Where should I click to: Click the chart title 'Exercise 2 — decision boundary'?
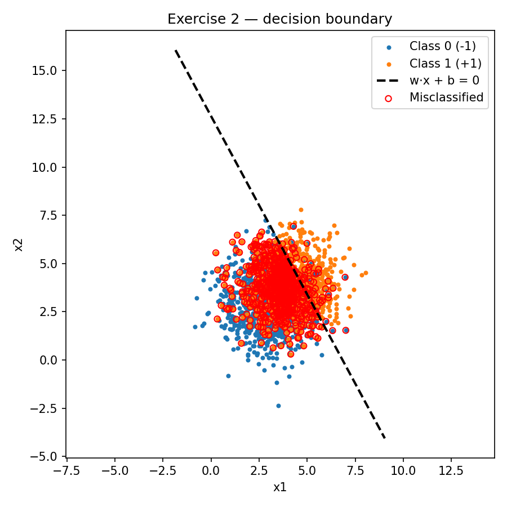(x=279, y=19)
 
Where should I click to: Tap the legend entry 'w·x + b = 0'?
(x=444, y=80)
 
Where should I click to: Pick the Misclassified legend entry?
(x=446, y=97)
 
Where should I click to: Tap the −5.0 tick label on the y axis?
(x=50, y=456)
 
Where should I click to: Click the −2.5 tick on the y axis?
(x=50, y=408)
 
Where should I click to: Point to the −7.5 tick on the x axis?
(x=66, y=470)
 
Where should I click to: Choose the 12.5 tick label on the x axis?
(x=451, y=470)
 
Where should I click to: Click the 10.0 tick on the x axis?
(x=403, y=470)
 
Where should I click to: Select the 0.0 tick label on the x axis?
(x=211, y=470)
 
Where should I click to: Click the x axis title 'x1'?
(x=280, y=487)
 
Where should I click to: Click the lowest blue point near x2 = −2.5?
(x=278, y=406)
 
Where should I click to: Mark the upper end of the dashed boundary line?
(x=176, y=51)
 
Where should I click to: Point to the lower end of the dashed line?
(x=385, y=438)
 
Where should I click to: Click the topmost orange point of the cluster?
(x=301, y=210)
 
